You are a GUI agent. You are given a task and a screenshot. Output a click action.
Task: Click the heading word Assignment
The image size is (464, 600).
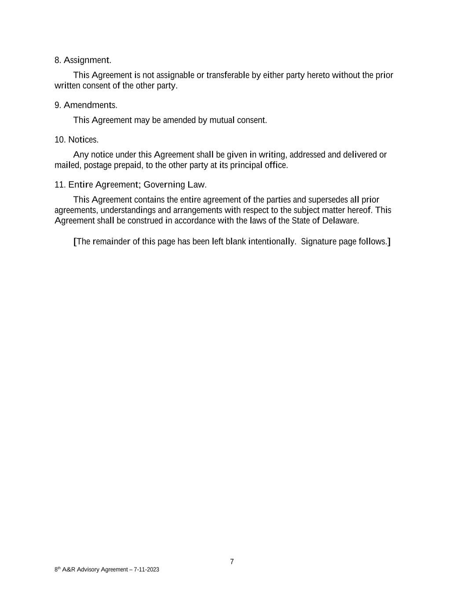(88, 60)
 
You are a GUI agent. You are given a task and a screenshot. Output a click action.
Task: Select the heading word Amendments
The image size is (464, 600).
(90, 105)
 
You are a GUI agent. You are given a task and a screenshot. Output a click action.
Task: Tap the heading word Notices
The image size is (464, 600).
(83, 140)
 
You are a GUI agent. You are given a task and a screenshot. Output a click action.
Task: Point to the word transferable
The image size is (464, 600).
(228, 75)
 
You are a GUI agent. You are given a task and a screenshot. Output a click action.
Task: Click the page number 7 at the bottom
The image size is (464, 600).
(232, 562)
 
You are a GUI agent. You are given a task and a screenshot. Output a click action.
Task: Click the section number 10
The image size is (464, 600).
(60, 140)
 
